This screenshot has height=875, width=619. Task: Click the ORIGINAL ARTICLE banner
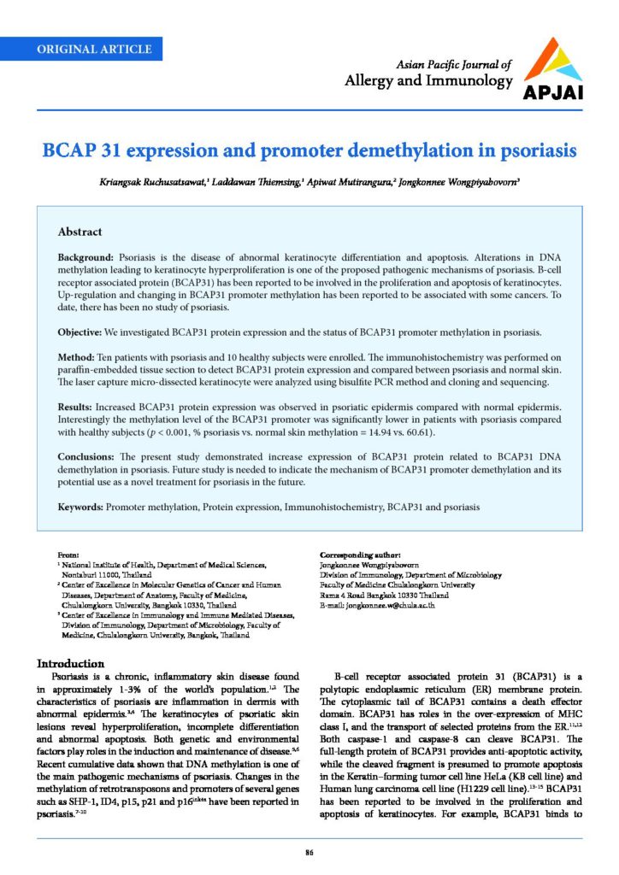(94, 49)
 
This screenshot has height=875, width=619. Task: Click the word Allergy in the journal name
(368, 81)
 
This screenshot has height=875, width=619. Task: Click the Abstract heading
(80, 232)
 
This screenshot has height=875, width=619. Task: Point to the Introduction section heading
(70, 664)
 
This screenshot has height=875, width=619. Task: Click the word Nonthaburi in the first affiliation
(81, 575)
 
